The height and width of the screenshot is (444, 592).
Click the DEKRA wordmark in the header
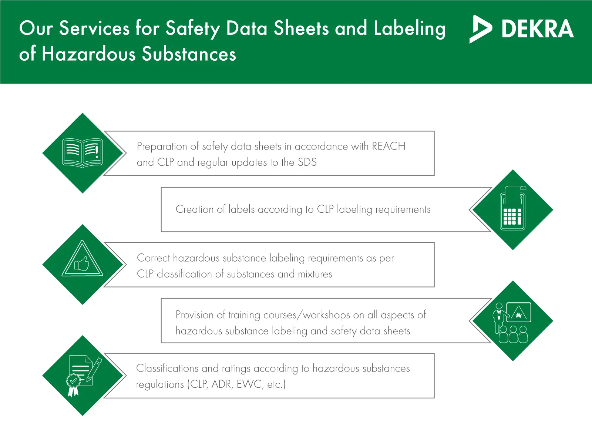[x=538, y=28]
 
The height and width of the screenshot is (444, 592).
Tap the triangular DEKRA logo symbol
[x=481, y=29]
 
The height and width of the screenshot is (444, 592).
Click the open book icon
[x=82, y=153]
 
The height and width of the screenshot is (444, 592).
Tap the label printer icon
[x=513, y=208]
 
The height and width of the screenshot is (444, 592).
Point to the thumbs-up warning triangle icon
[x=82, y=258]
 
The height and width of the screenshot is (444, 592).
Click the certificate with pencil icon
[x=84, y=376]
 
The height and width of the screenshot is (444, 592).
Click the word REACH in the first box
[x=388, y=146]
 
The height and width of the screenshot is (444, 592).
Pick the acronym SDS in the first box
[x=307, y=162]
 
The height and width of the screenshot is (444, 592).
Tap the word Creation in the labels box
[x=195, y=209]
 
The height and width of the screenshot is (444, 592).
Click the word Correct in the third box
[x=154, y=258]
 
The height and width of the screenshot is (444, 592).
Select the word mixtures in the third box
[x=315, y=274]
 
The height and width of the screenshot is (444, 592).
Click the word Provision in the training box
[x=195, y=315]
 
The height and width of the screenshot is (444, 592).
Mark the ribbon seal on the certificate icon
[x=73, y=385]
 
